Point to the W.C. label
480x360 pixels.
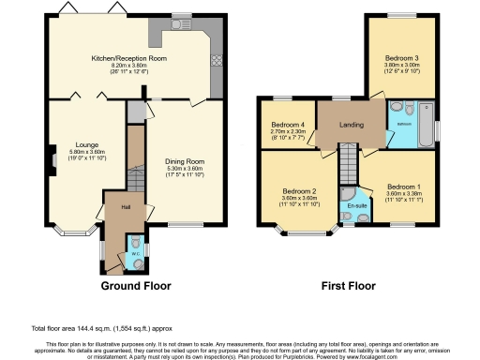point(132,249)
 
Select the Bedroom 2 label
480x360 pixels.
point(301,190)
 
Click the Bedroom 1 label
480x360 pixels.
point(403,186)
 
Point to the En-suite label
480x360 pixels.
point(355,204)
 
